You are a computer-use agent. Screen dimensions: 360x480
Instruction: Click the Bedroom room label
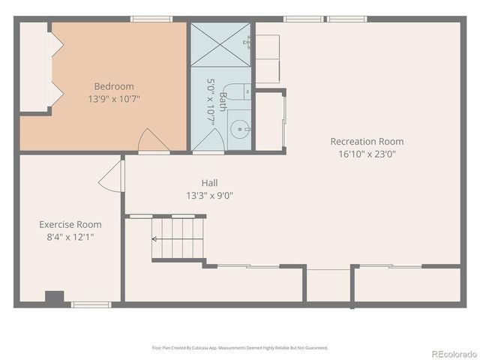pyautogui.click(x=114, y=85)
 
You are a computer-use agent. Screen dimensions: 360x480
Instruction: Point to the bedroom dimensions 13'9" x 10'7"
pyautogui.click(x=114, y=97)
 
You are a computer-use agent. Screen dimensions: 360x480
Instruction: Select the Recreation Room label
pyautogui.click(x=367, y=142)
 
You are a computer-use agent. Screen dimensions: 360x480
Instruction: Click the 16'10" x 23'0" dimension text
pyautogui.click(x=367, y=154)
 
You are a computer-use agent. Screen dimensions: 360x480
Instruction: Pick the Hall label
pyautogui.click(x=209, y=183)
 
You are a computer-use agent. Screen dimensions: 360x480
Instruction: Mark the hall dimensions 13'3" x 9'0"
pyautogui.click(x=209, y=195)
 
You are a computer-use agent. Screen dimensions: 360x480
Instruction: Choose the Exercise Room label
pyautogui.click(x=70, y=224)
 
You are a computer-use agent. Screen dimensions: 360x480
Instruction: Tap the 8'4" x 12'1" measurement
pyautogui.click(x=70, y=236)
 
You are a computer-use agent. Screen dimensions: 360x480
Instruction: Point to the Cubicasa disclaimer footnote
pyautogui.click(x=240, y=348)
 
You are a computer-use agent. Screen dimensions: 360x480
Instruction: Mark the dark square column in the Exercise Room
pyautogui.click(x=55, y=297)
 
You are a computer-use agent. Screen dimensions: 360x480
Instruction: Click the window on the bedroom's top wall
pyautogui.click(x=146, y=19)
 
